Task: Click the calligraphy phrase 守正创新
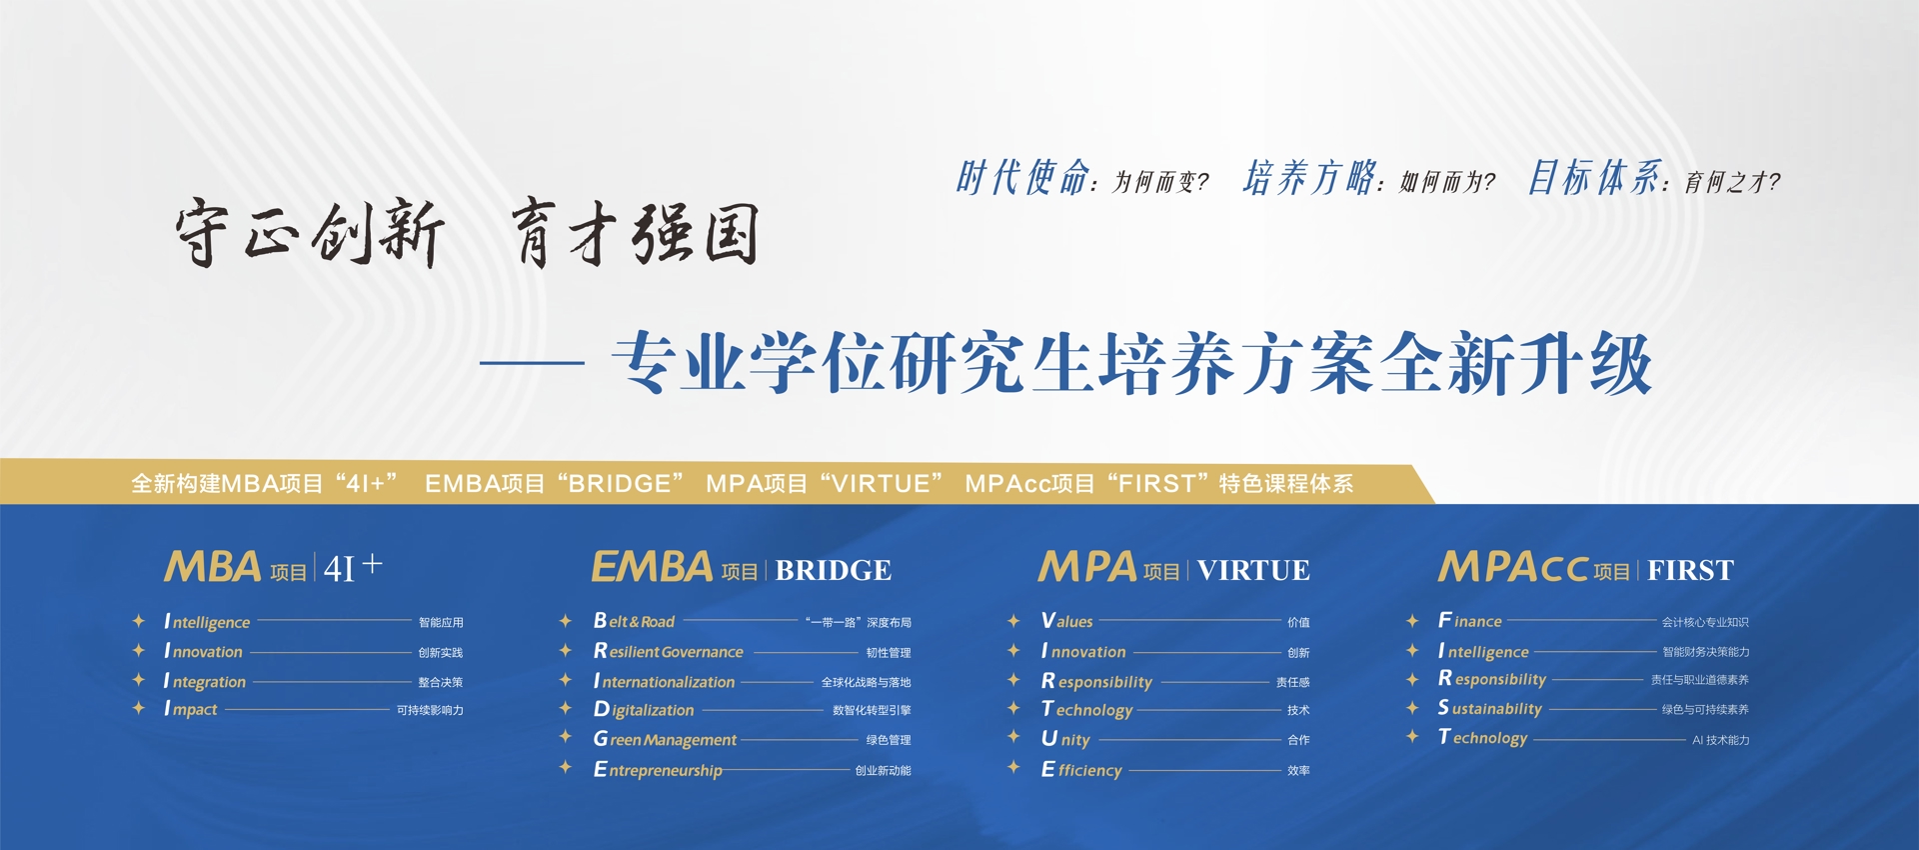[x=310, y=232]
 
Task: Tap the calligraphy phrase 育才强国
[x=636, y=232]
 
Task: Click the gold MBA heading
[x=213, y=567]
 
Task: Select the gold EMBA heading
[x=652, y=567]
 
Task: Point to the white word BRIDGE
[x=833, y=570]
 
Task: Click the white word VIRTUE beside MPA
[x=1253, y=570]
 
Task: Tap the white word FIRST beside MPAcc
[x=1690, y=570]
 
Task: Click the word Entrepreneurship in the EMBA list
[x=658, y=770]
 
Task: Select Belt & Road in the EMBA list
[x=634, y=621]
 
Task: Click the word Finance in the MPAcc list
[x=1470, y=621]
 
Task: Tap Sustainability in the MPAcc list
[x=1490, y=708]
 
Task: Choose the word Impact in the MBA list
[x=191, y=709]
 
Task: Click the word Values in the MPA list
[x=1067, y=621]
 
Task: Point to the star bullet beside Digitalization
[x=566, y=708]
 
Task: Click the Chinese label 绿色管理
[x=888, y=740]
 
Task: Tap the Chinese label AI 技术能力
[x=1720, y=740]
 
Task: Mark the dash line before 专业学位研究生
[x=532, y=363]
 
